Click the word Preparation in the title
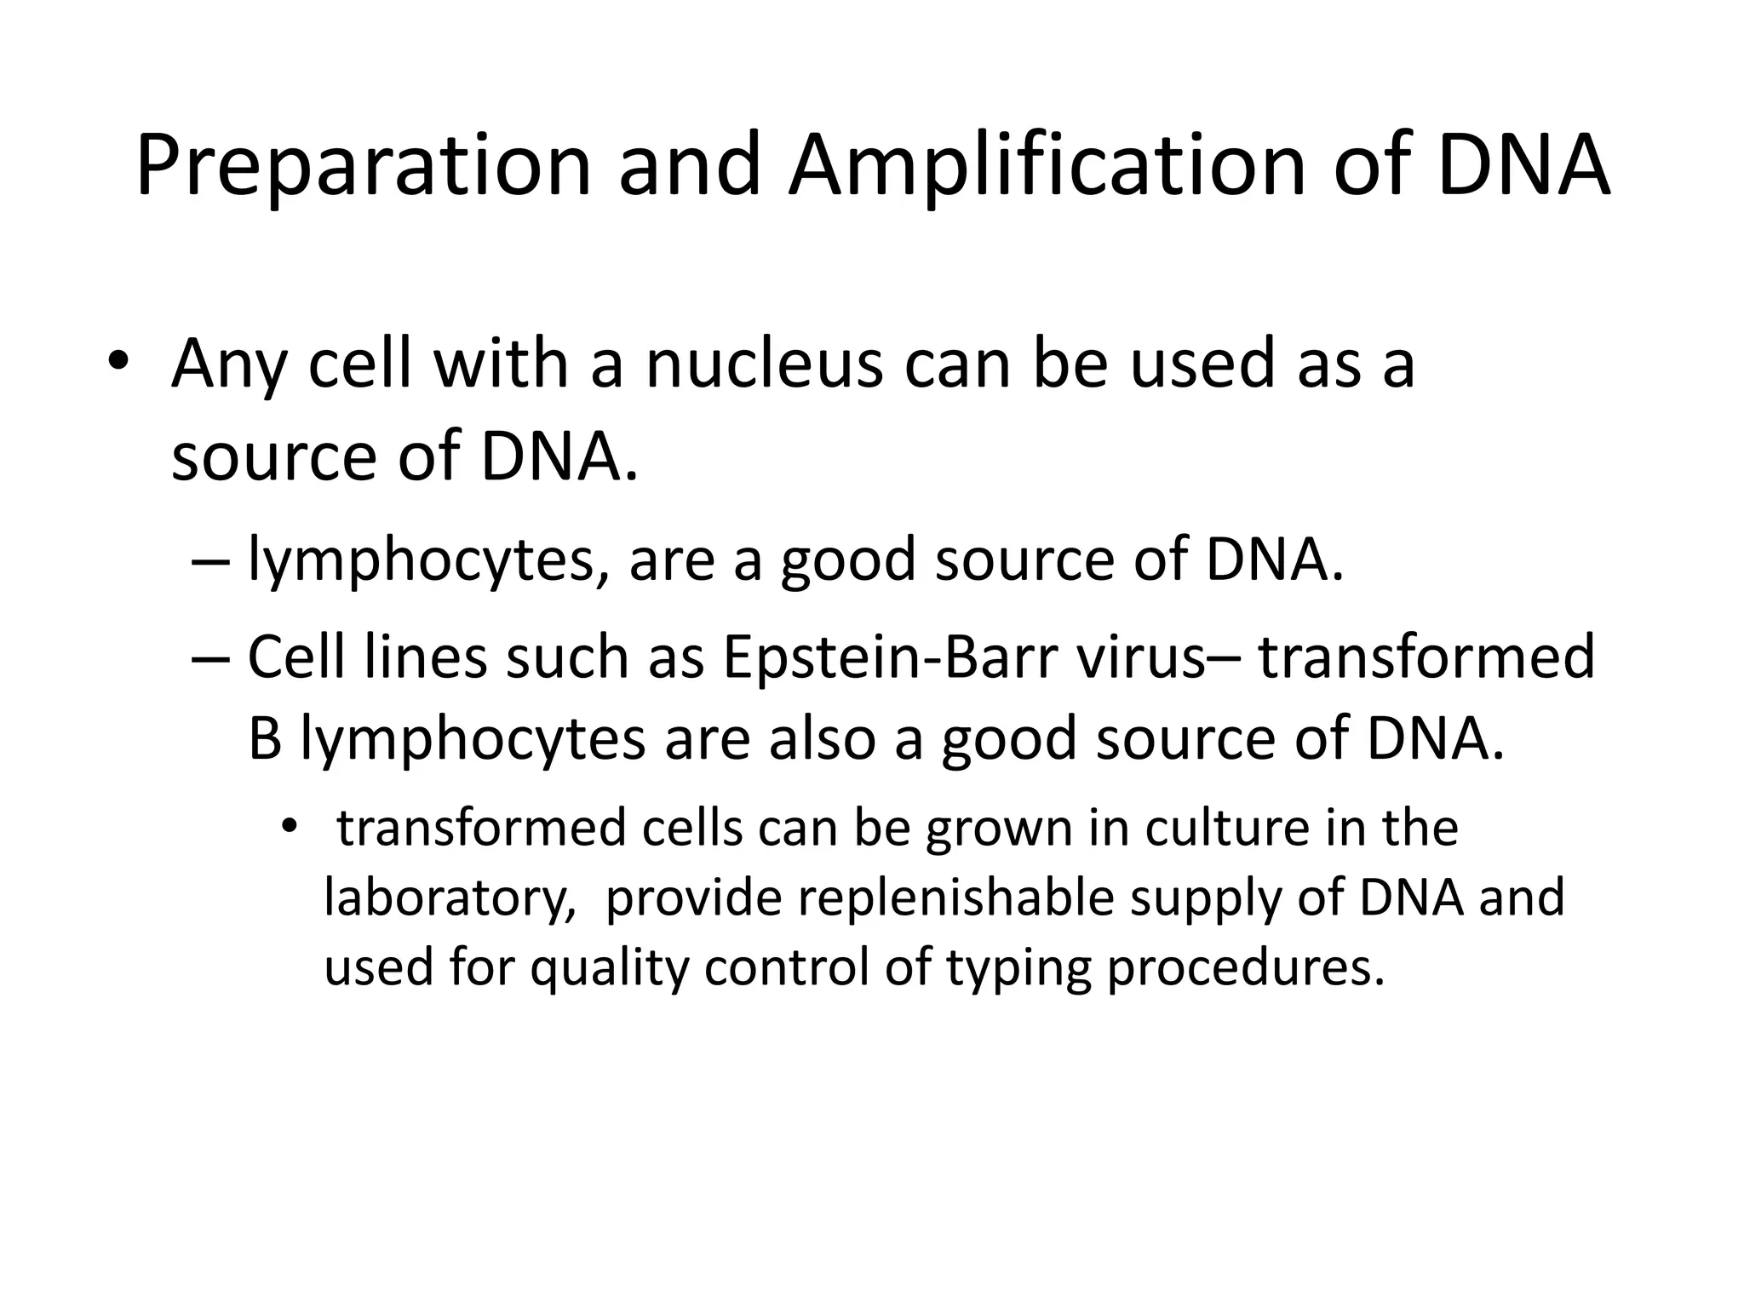point(363,166)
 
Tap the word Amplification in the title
point(1047,166)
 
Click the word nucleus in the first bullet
point(764,364)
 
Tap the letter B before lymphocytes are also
point(265,738)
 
